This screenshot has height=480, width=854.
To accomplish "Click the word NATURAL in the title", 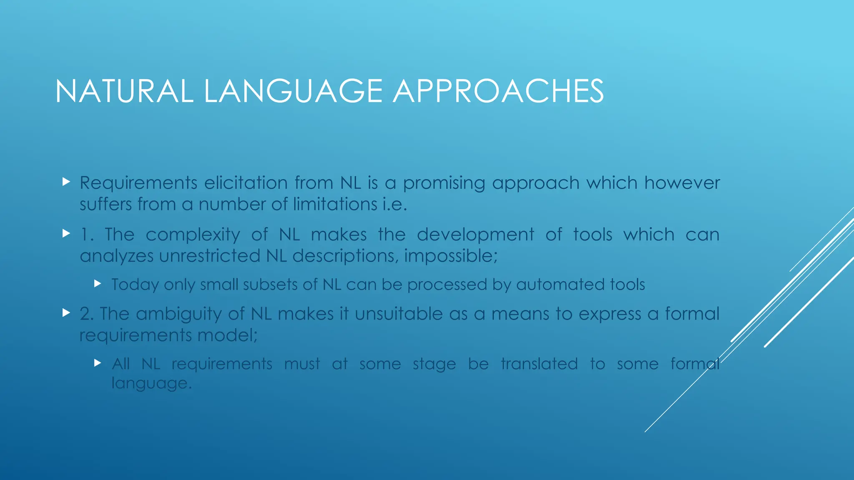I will click(124, 91).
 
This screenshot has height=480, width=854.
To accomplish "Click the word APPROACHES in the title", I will click(498, 91).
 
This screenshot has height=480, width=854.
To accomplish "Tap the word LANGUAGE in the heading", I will click(293, 91).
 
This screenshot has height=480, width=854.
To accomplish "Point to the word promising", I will click(444, 183).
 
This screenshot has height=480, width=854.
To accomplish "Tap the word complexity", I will click(193, 235).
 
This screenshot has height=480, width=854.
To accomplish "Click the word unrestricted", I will click(209, 256).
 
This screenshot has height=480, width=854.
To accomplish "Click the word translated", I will click(539, 364).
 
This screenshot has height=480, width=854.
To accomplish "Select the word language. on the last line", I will click(151, 383).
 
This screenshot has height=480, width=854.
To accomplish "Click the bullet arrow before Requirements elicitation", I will click(66, 182).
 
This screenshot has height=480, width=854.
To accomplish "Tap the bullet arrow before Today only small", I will click(98, 284).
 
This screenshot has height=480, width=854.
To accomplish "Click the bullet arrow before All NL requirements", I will click(98, 363).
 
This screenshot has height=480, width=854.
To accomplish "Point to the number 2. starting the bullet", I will click(87, 314).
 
